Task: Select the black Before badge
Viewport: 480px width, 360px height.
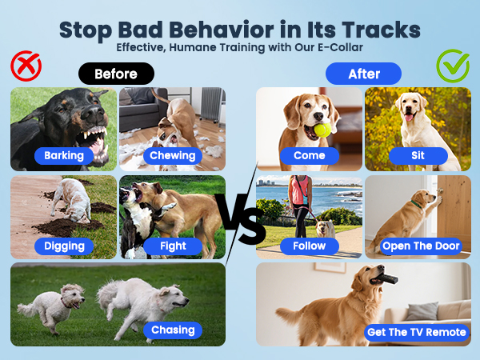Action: click(x=116, y=74)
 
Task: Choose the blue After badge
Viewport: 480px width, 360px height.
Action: click(x=363, y=74)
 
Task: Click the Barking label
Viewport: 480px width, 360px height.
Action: click(x=64, y=155)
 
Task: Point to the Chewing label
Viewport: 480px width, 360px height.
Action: click(x=173, y=155)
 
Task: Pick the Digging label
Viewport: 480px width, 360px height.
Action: click(x=64, y=246)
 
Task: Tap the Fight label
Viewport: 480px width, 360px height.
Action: click(x=172, y=246)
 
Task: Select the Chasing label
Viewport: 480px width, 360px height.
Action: click(x=173, y=330)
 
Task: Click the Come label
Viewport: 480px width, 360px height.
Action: click(x=310, y=155)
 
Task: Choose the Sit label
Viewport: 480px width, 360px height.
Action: click(x=418, y=155)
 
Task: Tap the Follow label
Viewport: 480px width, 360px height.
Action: click(x=310, y=246)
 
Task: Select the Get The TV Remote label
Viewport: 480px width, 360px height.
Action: click(x=416, y=331)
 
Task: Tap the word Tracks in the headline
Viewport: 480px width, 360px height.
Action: click(x=377, y=30)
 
